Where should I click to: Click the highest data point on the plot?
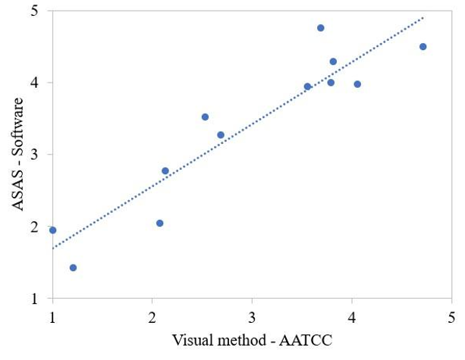320,28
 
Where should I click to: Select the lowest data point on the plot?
73,268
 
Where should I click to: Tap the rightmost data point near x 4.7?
423,46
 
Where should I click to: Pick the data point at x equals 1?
52,230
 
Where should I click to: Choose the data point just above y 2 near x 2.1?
159,223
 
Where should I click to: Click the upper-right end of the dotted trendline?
423,17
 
